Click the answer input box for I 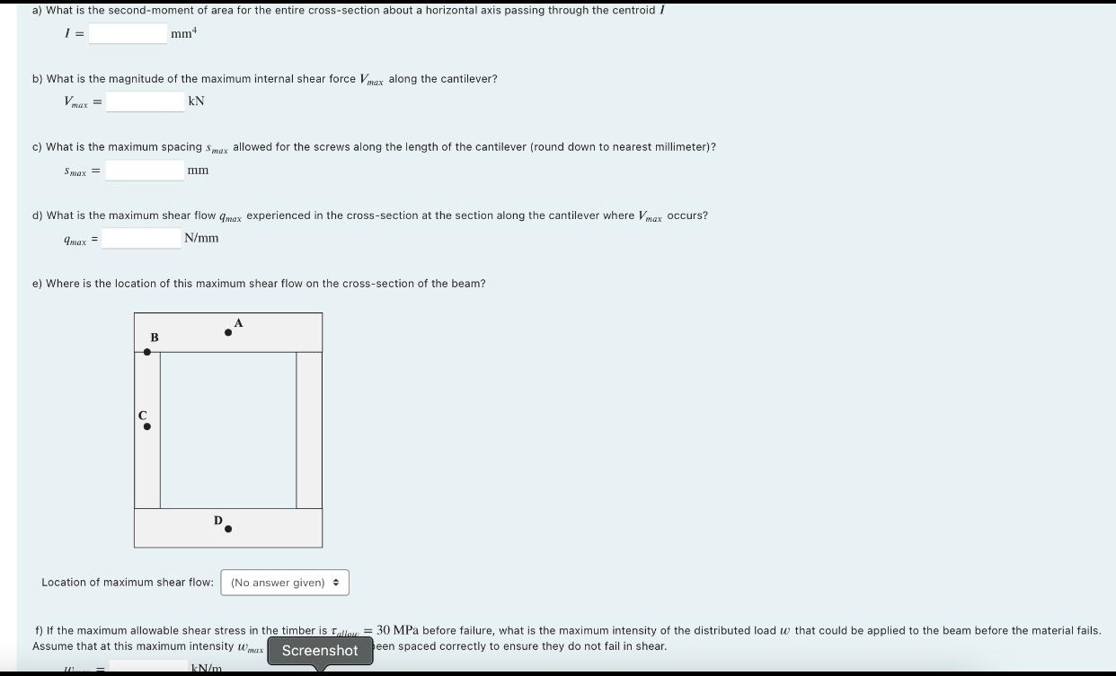tap(128, 34)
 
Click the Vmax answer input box tap(145, 101)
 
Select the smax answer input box tap(145, 170)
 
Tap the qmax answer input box tap(142, 238)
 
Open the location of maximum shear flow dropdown tap(285, 583)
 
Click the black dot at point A tap(228, 333)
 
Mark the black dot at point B tap(147, 352)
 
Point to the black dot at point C tap(147, 426)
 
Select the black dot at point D tap(228, 529)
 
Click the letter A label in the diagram tap(238, 323)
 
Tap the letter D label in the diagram tap(217, 520)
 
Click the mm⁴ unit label tap(183, 34)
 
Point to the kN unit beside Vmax tap(196, 101)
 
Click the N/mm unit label tap(201, 238)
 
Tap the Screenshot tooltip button tap(320, 651)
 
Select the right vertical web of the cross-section tap(309, 430)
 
